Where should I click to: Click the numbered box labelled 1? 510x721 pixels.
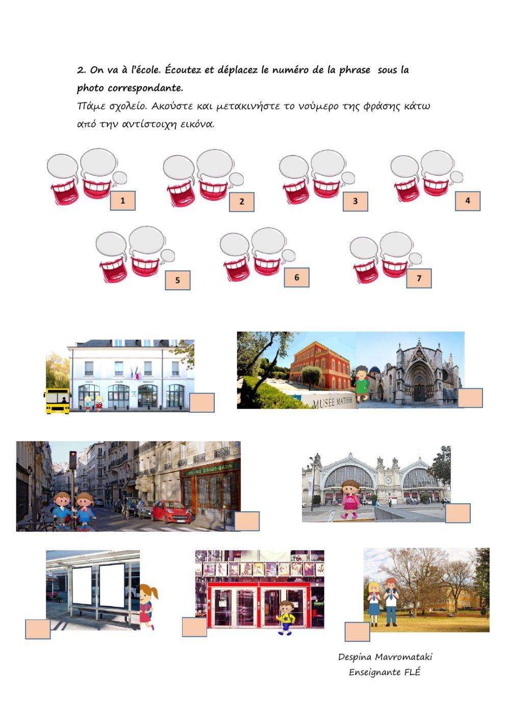(122, 201)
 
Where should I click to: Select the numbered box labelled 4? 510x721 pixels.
(468, 201)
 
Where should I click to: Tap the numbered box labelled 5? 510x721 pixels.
(177, 280)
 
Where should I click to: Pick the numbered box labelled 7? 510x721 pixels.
(419, 279)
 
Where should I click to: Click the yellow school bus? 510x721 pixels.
(57, 401)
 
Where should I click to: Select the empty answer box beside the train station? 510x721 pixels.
(458, 513)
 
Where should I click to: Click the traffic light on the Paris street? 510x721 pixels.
(73, 460)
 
